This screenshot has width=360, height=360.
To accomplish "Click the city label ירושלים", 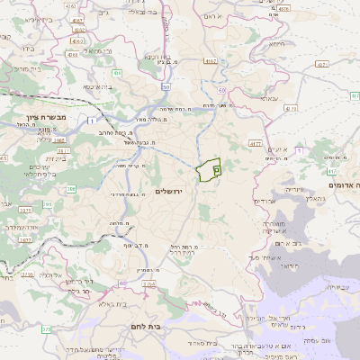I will [x=168, y=192].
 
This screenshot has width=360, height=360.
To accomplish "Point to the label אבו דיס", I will [x=265, y=230].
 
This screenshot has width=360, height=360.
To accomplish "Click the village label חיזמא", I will [x=276, y=43].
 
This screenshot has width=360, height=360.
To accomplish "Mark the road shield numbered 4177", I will [x=256, y=143].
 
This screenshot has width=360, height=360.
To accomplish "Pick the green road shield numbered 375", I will [x=46, y=329].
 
